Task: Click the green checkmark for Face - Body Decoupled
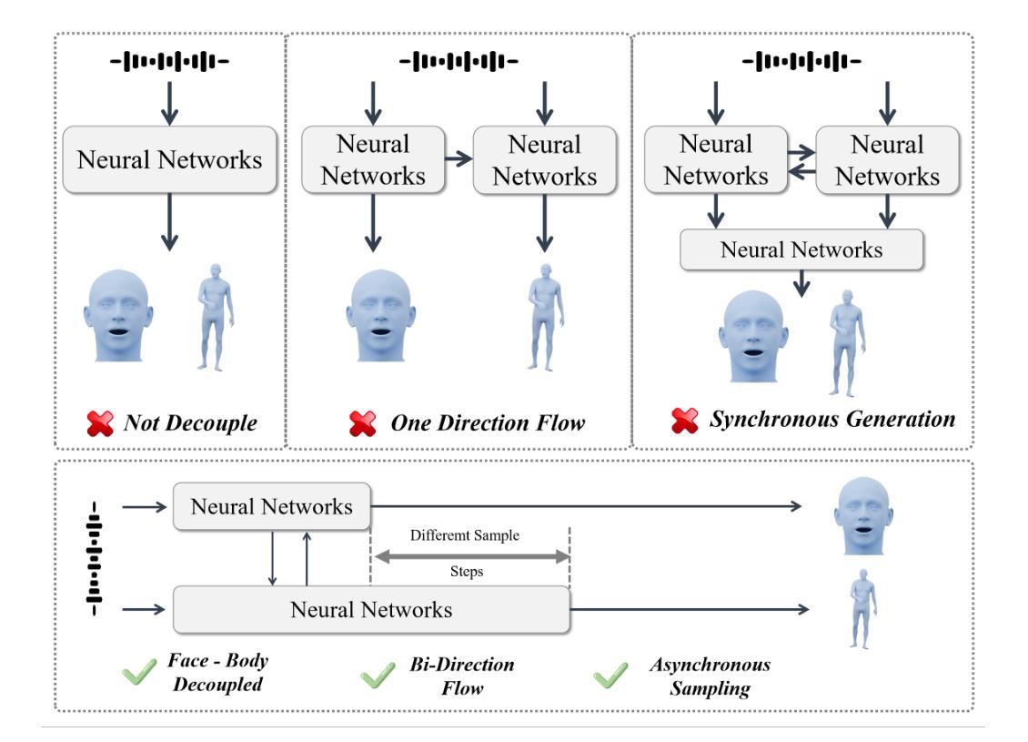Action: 138,675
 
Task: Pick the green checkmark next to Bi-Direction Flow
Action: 375,676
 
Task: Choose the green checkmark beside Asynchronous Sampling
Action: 608,676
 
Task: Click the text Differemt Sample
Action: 464,535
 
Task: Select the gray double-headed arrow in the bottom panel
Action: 469,554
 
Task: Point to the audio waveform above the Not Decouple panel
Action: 171,63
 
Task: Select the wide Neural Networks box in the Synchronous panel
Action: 801,249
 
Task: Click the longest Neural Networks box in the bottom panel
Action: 371,609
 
